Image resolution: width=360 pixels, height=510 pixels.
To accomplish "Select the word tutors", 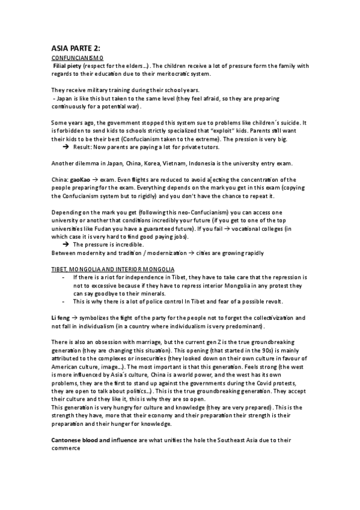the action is [209, 147].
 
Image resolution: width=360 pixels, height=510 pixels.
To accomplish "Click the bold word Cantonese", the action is [69, 440].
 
